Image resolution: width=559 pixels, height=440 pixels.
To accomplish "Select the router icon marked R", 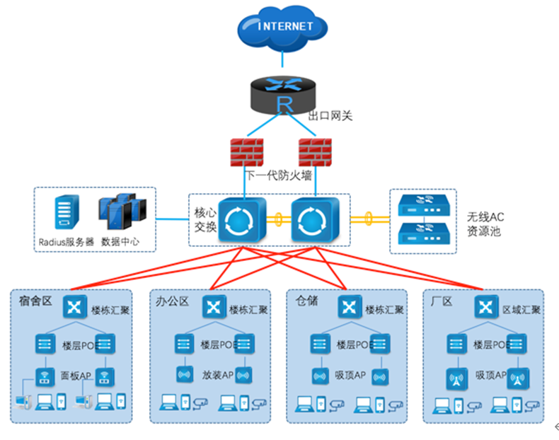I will coord(284,98).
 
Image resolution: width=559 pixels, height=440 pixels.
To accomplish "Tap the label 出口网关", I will coord(330,116).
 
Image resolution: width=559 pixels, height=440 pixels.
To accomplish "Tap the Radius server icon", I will coord(64,212).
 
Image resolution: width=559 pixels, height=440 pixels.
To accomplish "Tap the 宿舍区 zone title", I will coord(36,301).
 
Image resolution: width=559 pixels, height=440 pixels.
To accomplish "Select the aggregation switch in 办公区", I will coord(213,307).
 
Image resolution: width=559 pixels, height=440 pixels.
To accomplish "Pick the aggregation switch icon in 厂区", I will coord(484,307).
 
